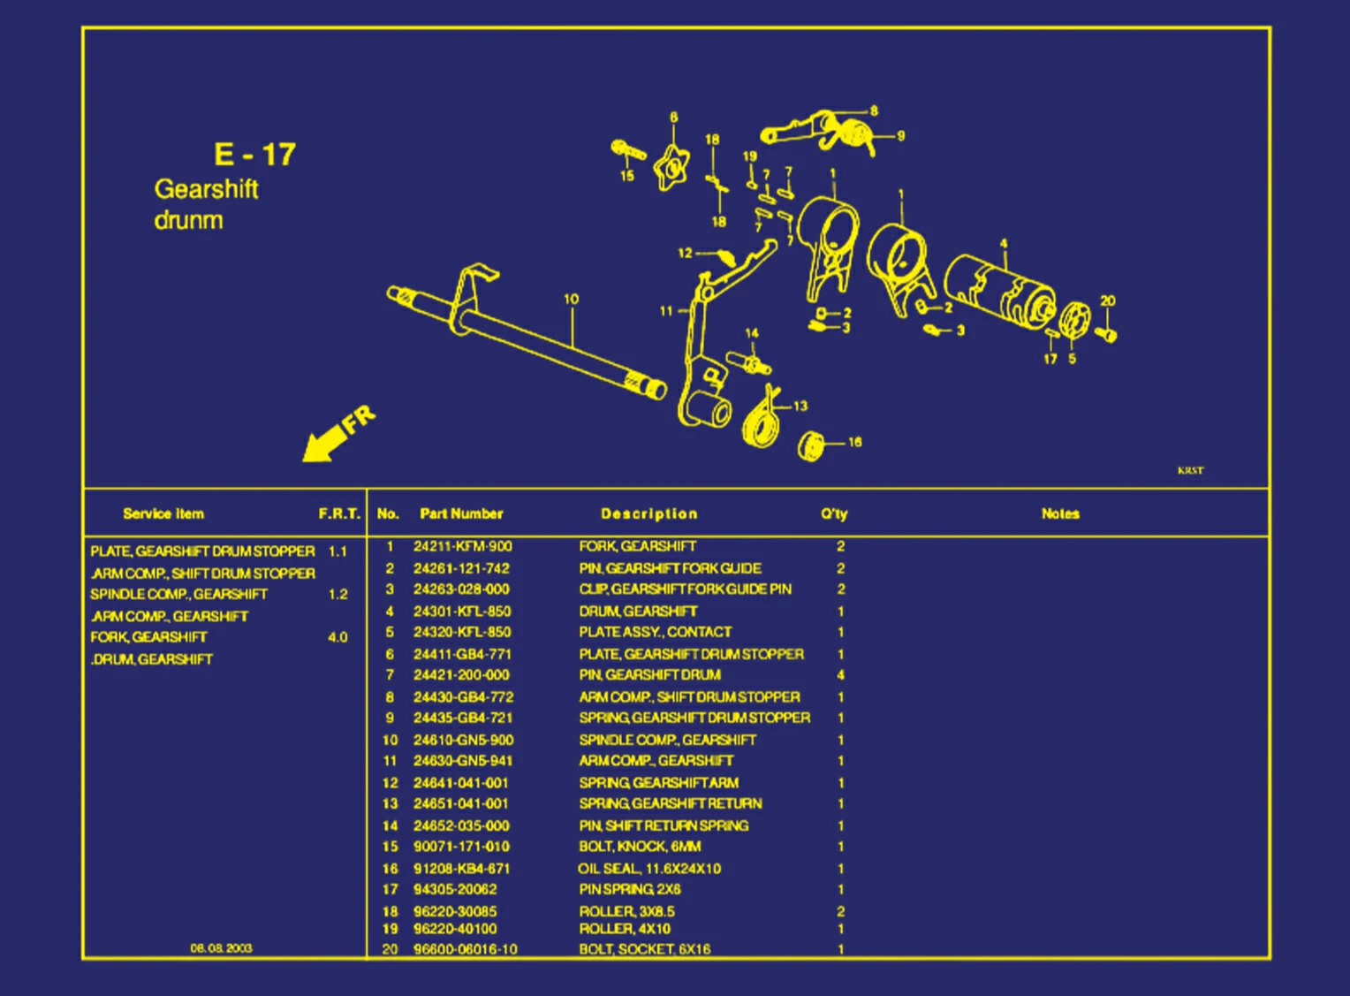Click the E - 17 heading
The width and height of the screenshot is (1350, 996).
(x=254, y=155)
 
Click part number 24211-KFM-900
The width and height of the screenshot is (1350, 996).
(x=462, y=546)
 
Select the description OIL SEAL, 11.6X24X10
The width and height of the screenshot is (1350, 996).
(x=649, y=869)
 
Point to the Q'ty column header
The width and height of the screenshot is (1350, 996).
(x=833, y=513)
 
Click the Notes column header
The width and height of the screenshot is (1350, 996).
(x=1059, y=513)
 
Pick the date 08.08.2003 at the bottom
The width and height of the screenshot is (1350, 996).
(x=221, y=947)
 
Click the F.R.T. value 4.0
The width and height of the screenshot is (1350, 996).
(x=337, y=637)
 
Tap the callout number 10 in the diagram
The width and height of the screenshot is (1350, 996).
(x=571, y=300)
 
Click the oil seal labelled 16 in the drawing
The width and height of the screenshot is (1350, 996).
(x=811, y=445)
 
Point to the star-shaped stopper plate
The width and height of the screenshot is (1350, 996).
(x=671, y=166)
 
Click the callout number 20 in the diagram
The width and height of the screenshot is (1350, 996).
(x=1107, y=300)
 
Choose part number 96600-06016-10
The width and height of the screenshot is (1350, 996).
(x=465, y=949)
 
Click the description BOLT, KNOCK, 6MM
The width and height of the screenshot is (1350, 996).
(x=640, y=847)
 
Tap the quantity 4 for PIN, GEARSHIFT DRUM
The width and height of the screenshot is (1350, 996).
(x=840, y=675)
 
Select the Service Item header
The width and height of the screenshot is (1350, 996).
(x=163, y=513)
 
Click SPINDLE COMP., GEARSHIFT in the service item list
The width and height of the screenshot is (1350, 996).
(x=178, y=594)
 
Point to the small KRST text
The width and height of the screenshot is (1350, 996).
(x=1190, y=470)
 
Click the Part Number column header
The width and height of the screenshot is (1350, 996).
(x=461, y=513)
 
